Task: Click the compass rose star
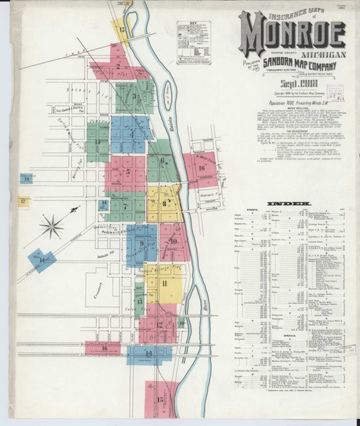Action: click(52, 227)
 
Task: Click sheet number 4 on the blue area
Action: click(131, 135)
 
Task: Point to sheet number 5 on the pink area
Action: click(127, 173)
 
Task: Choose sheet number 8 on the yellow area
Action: click(165, 204)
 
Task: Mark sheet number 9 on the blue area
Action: click(143, 243)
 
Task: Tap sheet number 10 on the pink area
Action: click(174, 242)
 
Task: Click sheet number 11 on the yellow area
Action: click(165, 283)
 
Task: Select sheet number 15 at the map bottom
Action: click(161, 396)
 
